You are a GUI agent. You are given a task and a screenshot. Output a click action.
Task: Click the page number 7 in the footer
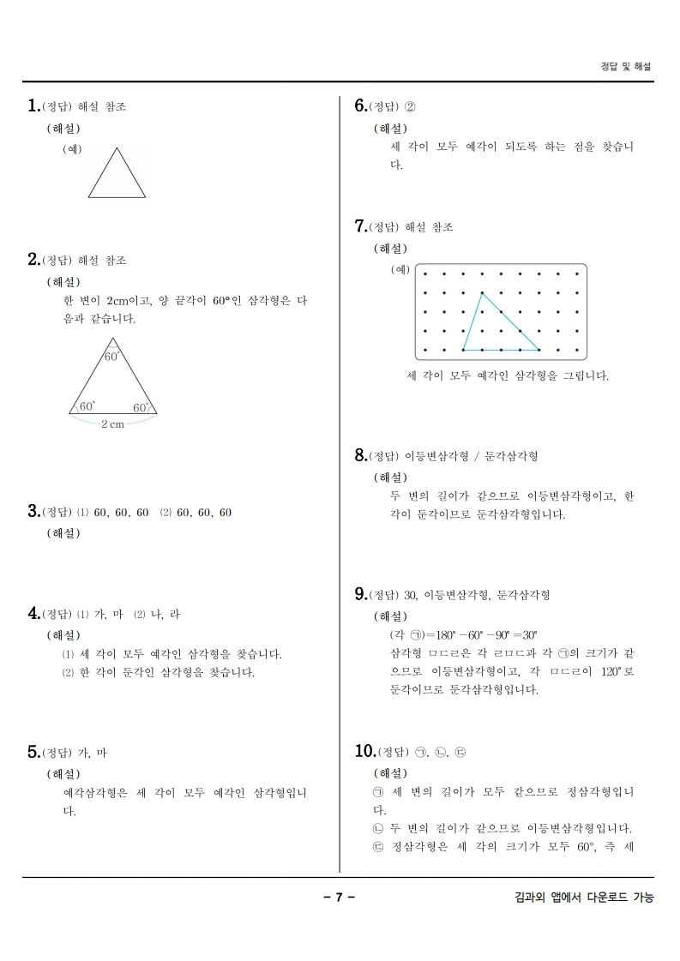point(339,898)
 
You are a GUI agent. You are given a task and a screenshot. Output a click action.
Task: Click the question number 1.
point(33,106)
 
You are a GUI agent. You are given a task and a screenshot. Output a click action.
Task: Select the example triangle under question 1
point(117,173)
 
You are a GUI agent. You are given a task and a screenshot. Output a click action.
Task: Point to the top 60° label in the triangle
point(112,356)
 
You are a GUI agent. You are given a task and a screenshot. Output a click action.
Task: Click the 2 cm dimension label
point(112,423)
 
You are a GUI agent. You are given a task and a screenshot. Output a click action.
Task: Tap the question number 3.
point(33,512)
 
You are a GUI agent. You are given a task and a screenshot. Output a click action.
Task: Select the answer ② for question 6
point(409,107)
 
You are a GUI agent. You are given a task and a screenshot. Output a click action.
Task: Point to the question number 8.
point(360,455)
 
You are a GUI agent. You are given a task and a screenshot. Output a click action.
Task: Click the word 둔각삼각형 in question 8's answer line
point(511,456)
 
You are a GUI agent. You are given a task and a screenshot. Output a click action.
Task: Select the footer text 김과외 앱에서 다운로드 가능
point(580,898)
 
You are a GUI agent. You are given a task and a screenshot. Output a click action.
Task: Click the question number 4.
point(33,614)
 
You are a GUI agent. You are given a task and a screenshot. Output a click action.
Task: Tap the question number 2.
point(33,259)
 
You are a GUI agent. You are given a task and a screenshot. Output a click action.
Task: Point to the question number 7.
point(360,226)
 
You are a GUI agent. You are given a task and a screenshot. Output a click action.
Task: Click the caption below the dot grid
point(508,375)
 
